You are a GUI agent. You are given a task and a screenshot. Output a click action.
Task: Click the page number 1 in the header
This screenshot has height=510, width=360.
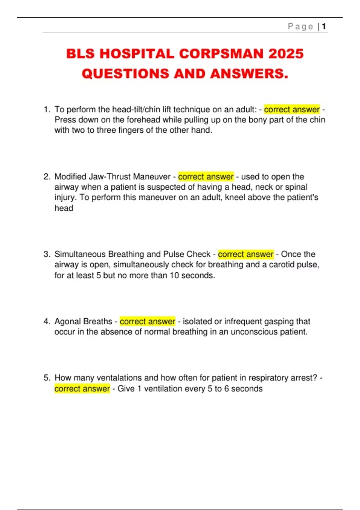click(x=324, y=27)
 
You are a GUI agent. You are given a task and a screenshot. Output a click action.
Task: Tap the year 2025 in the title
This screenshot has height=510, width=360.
click(x=286, y=54)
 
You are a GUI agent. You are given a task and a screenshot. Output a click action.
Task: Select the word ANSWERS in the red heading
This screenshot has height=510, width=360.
click(x=247, y=74)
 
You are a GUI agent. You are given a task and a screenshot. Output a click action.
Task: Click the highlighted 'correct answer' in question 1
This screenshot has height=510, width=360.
click(x=292, y=109)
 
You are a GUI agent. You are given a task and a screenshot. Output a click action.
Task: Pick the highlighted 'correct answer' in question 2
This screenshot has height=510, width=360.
click(x=206, y=177)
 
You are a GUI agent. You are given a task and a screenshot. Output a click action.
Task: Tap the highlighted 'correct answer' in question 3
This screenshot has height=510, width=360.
click(x=246, y=254)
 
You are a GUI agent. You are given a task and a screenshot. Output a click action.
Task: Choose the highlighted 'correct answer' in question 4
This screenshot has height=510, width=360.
click(x=147, y=322)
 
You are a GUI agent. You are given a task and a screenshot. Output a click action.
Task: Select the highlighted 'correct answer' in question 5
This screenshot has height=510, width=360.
click(x=82, y=389)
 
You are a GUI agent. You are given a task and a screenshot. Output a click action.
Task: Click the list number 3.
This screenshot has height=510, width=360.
click(x=46, y=254)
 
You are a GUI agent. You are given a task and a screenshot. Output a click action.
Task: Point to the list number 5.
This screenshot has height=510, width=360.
click(x=46, y=378)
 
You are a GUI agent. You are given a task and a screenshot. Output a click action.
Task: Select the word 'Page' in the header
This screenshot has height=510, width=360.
click(x=300, y=27)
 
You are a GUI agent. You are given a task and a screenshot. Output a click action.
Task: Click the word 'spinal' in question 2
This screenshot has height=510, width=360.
click(x=296, y=187)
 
